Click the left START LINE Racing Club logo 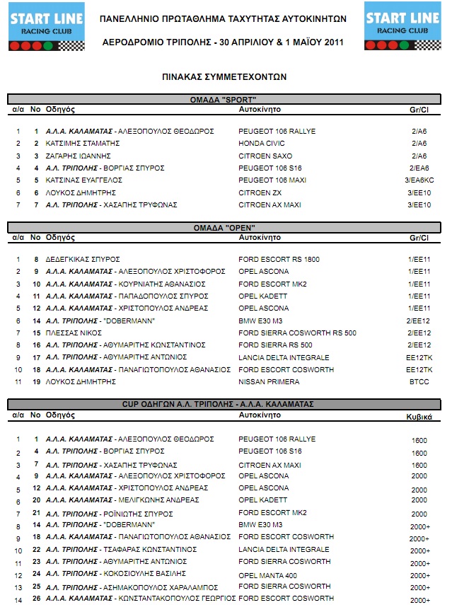[x=47, y=27]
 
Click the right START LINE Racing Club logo [x=401, y=27]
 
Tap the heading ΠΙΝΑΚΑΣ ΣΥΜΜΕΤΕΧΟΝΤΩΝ [x=224, y=76]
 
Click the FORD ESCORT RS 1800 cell [x=279, y=259]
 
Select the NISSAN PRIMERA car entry [x=269, y=382]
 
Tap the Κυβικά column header [x=419, y=417]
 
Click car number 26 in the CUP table [x=36, y=599]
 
